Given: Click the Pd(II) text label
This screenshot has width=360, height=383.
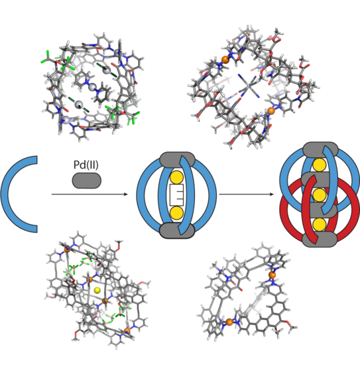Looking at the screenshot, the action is (86, 165).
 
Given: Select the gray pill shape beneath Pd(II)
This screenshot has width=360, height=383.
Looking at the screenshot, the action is (87, 181).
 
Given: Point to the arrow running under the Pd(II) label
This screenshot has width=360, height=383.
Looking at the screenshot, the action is (90, 194).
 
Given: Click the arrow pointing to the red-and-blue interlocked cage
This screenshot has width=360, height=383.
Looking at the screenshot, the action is (247, 194).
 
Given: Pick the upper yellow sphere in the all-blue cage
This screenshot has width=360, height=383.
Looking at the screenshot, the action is (176, 178).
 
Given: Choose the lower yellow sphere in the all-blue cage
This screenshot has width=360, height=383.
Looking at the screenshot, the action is (176, 212).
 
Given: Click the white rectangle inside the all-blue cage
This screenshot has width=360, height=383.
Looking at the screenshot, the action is (176, 195).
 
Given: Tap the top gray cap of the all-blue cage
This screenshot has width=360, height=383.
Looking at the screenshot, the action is (177, 159).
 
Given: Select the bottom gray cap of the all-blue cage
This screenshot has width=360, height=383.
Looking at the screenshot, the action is (177, 230).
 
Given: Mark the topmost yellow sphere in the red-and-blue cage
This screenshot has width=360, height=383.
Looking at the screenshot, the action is (320, 165).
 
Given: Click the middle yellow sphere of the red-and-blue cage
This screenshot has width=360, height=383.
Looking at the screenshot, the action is (320, 195).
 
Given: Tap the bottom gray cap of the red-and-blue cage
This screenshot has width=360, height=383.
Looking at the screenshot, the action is (320, 240).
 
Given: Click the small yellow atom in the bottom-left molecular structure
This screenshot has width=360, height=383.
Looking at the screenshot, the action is (97, 290).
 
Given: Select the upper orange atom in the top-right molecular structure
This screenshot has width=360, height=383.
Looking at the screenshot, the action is (225, 60).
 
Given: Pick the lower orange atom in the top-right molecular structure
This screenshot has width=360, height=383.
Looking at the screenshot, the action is (271, 111).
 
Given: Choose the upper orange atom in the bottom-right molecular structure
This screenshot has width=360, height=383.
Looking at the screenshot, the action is (272, 275).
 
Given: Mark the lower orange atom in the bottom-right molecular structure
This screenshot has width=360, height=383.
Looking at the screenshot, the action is (229, 322).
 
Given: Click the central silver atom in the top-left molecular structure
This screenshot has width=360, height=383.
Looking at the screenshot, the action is (92, 87).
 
